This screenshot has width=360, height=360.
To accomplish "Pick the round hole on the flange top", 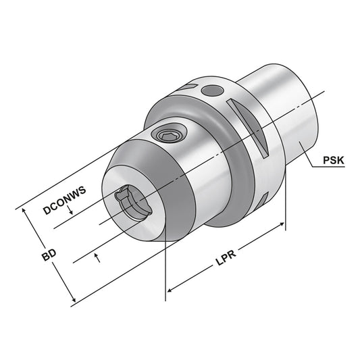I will [213, 89].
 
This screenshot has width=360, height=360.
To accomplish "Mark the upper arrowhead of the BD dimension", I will [26, 211].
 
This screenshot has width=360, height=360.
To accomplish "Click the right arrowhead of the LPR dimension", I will [282, 224].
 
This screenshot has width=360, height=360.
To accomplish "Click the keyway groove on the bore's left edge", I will [120, 199].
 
